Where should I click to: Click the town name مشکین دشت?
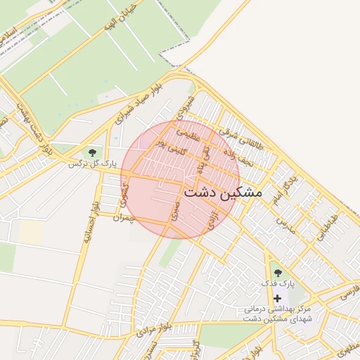coord(222,192)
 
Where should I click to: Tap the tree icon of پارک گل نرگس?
coord(92,153)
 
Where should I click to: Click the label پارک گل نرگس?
coord(91,164)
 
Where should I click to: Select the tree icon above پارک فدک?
coord(277,272)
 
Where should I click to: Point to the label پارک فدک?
coord(276,283)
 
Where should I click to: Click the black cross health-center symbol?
coord(277,299)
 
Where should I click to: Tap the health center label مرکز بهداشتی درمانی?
coord(277,309)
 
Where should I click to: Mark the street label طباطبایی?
coord(327,228)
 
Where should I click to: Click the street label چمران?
coord(128,217)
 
